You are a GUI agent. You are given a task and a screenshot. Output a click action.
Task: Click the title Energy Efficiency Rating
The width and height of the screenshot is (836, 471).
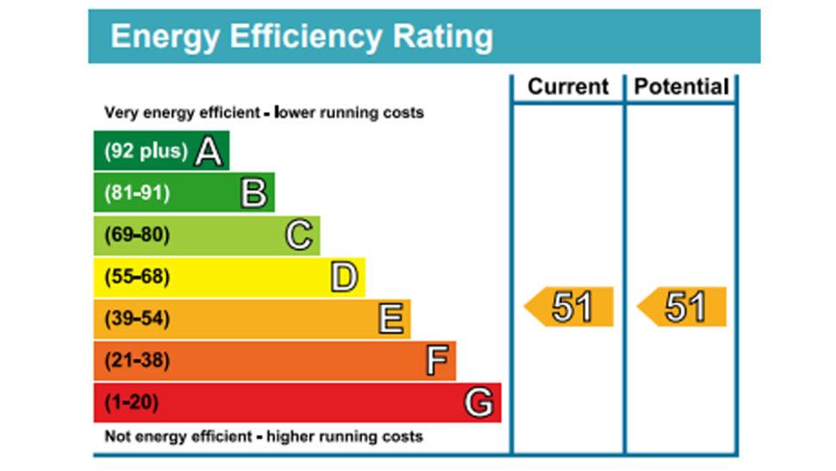pyautogui.click(x=302, y=37)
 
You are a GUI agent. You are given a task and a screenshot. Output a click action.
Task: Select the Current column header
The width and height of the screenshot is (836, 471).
pyautogui.click(x=568, y=87)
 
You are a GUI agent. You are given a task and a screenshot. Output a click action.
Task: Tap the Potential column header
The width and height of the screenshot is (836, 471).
pyautogui.click(x=682, y=87)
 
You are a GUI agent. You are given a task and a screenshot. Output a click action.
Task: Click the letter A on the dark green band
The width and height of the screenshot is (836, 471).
pyautogui.click(x=209, y=152)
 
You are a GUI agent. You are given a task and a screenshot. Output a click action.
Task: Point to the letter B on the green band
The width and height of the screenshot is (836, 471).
pyautogui.click(x=253, y=193)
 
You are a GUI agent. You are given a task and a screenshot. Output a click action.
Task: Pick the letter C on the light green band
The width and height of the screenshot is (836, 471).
pyautogui.click(x=298, y=235)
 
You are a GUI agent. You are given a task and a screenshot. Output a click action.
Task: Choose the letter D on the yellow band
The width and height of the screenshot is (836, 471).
pyautogui.click(x=343, y=277)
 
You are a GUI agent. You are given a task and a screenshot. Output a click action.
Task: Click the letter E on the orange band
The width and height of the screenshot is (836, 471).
pyautogui.click(x=390, y=319)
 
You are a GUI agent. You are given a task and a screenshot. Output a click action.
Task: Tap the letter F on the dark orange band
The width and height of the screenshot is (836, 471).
pyautogui.click(x=438, y=361)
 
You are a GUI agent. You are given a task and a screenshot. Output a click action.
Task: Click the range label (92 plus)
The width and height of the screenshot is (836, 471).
pyautogui.click(x=146, y=151)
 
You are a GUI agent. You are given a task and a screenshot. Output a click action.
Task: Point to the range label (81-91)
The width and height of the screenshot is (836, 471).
pyautogui.click(x=137, y=193)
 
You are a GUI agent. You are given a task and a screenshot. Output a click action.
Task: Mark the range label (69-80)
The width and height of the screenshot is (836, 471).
pyautogui.click(x=137, y=235)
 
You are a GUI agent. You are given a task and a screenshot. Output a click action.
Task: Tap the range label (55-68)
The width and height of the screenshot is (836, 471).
pyautogui.click(x=137, y=277)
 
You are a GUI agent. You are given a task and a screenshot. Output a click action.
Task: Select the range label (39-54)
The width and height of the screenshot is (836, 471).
pyautogui.click(x=137, y=319)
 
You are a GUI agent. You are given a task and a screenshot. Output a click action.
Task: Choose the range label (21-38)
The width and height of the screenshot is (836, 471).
pyautogui.click(x=137, y=361)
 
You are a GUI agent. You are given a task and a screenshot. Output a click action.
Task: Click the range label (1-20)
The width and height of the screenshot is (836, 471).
pyautogui.click(x=132, y=403)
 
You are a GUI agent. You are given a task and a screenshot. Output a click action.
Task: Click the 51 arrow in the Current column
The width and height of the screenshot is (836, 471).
pyautogui.click(x=570, y=307)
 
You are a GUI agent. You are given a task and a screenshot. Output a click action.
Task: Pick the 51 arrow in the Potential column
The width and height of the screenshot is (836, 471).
pyautogui.click(x=683, y=307)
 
